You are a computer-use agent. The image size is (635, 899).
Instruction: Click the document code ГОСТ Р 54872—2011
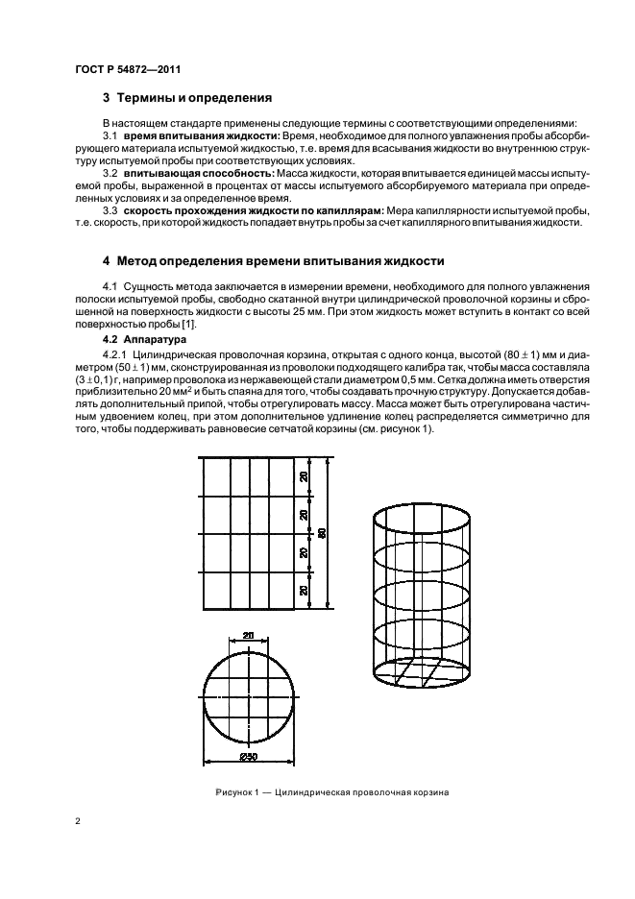[x=128, y=69]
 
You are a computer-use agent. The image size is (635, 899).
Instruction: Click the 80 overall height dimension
[x=323, y=533]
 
